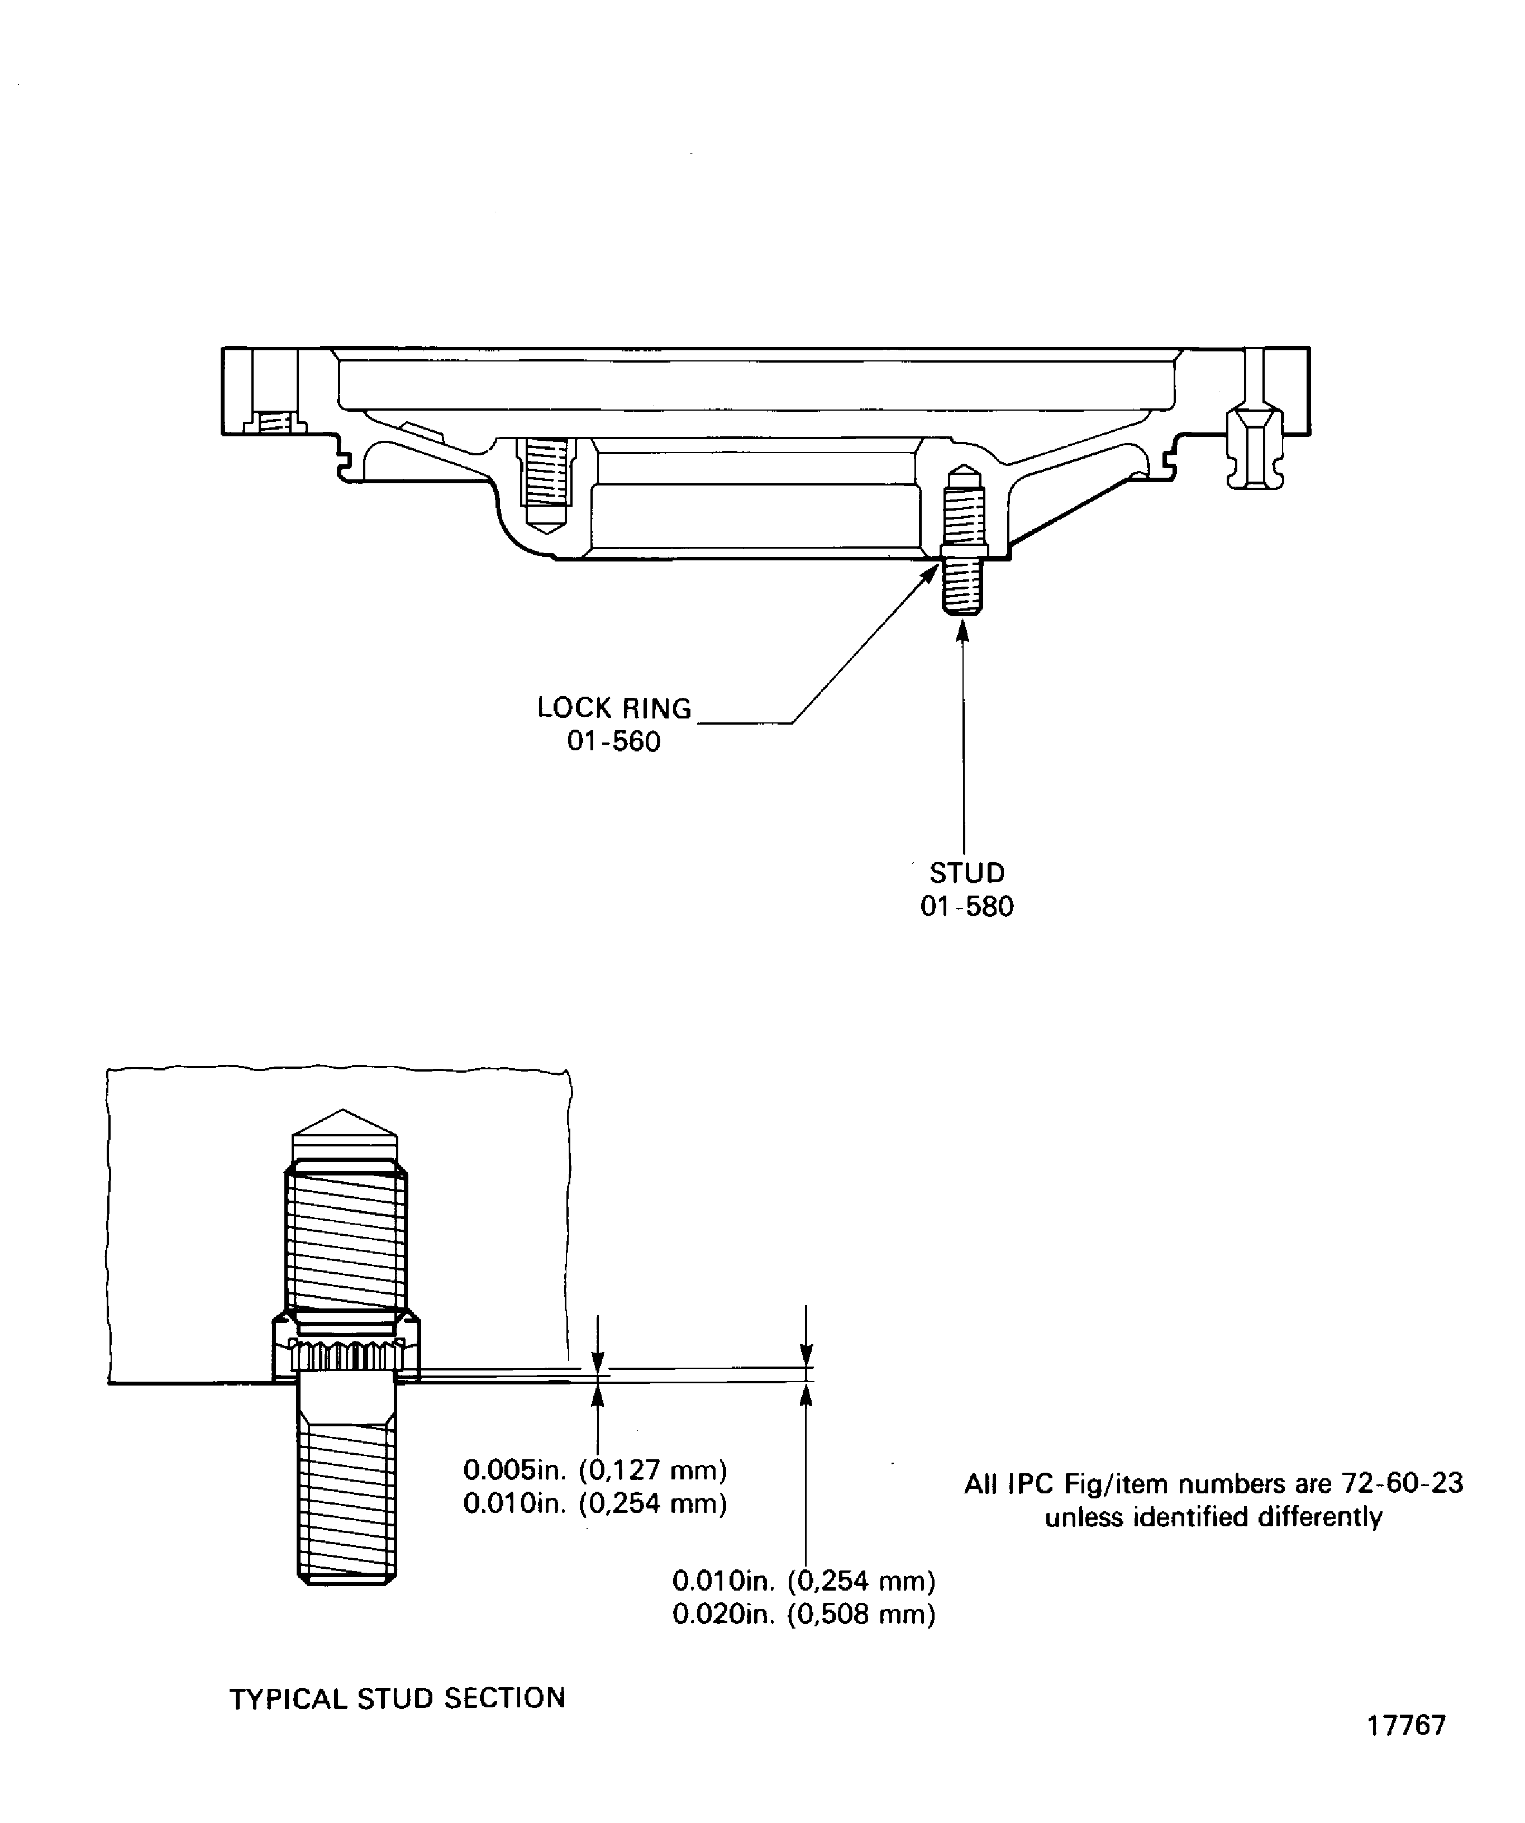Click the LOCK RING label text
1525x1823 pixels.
click(614, 708)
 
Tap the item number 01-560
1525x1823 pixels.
click(614, 742)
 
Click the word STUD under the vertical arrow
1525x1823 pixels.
click(966, 873)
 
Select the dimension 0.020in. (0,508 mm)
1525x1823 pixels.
click(804, 1615)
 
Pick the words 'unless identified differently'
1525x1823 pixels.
click(1213, 1517)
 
